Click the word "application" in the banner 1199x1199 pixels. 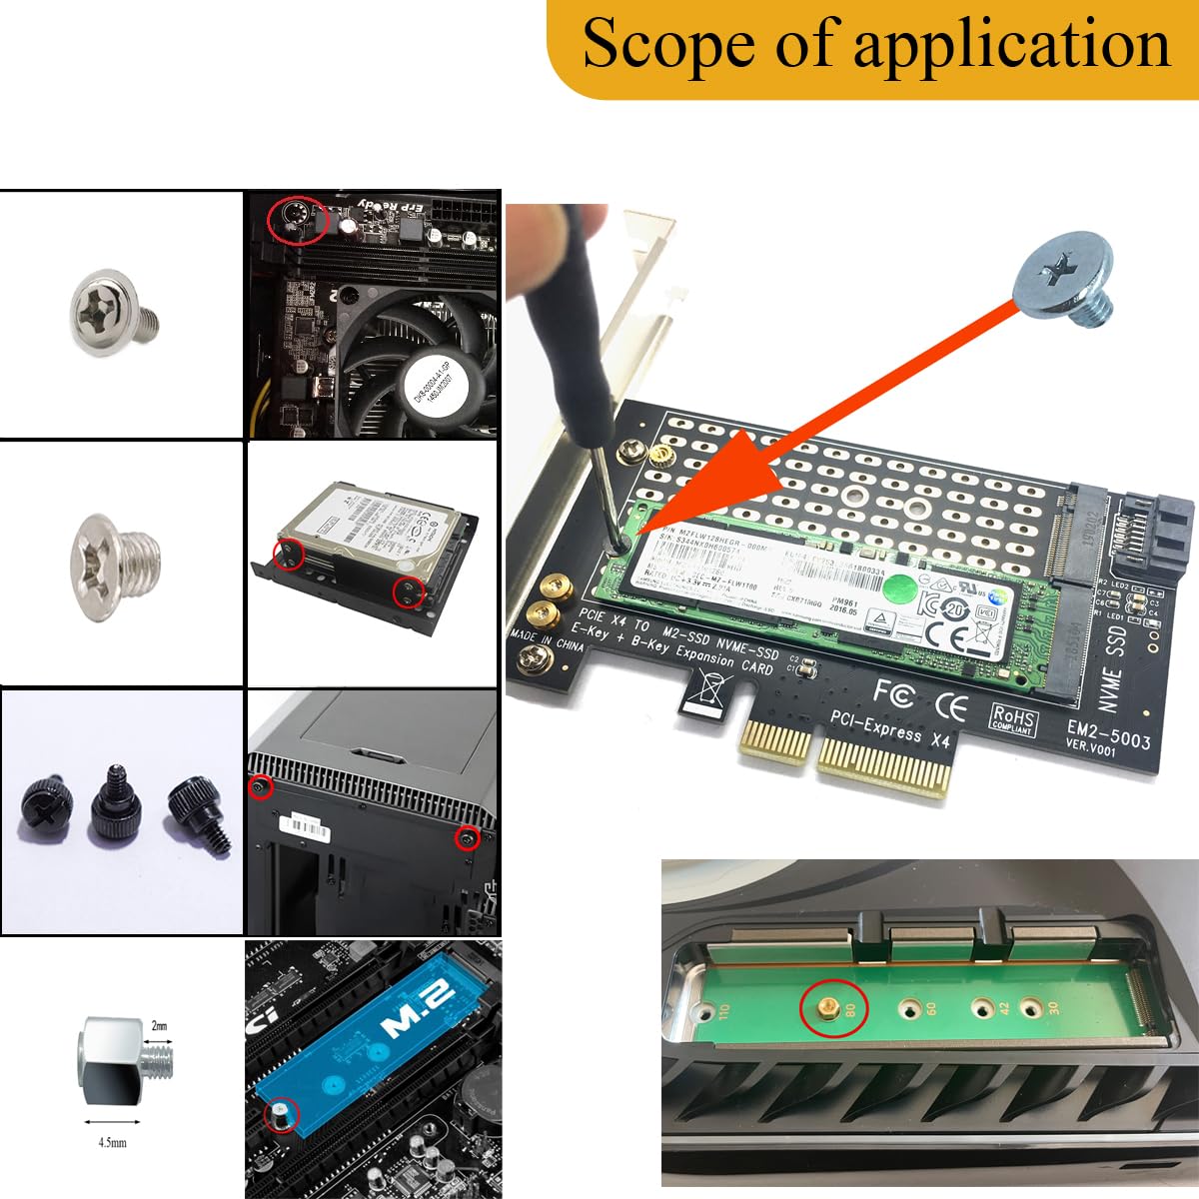pos(1011,45)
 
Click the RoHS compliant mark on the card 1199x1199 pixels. pos(1013,719)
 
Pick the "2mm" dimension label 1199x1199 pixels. pos(159,1026)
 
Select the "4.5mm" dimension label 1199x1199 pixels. pos(112,1141)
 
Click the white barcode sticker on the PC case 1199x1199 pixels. pos(306,826)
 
